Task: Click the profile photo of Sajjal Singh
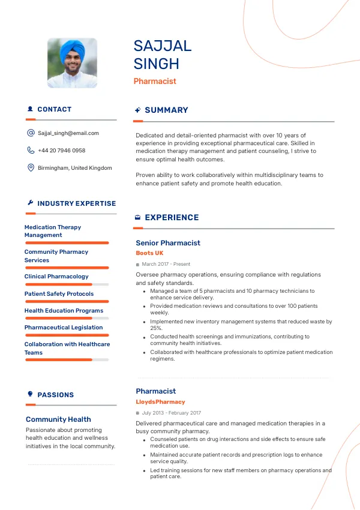[x=72, y=63]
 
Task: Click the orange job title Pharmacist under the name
[x=155, y=81]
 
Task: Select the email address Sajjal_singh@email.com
[x=68, y=133]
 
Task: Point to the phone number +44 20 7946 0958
[x=61, y=151]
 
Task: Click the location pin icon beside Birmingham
[x=31, y=168]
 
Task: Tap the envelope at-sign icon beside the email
[x=31, y=133]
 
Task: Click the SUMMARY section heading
[x=166, y=110]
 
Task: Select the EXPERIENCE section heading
[x=172, y=218]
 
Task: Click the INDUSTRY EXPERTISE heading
[x=76, y=203]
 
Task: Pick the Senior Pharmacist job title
[x=168, y=243]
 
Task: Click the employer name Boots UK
[x=149, y=253]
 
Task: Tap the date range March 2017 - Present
[x=166, y=264]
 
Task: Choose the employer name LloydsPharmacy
[x=160, y=402]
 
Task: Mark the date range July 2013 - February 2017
[x=172, y=413]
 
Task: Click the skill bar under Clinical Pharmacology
[x=67, y=284]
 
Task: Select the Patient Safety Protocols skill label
[x=59, y=294]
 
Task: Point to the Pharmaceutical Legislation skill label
[x=64, y=328]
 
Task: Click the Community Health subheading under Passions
[x=58, y=419]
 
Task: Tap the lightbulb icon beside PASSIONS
[x=30, y=394]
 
